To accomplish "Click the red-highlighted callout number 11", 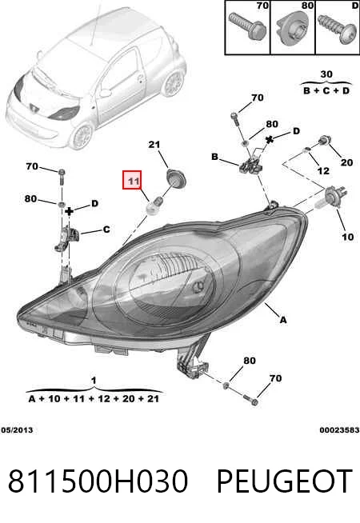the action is (133, 180).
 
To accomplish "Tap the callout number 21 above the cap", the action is (154, 145).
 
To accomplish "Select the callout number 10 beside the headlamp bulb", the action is (347, 237).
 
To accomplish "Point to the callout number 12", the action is (323, 171).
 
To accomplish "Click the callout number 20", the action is (346, 162).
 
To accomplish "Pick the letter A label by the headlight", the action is (283, 320).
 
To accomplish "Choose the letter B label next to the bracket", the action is (215, 157).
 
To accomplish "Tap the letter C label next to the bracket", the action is (106, 230).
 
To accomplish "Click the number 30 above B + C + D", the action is (326, 74).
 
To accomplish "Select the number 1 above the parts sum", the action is (94, 380).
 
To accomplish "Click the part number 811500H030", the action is (98, 481).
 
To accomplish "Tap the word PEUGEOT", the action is (285, 481).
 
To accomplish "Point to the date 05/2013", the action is (17, 430).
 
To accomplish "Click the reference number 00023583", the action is (339, 430).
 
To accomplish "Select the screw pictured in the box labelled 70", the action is (248, 26).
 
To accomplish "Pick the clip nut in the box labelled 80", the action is (292, 29).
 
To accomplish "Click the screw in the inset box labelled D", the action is (337, 28).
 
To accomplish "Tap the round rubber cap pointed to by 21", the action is (175, 178).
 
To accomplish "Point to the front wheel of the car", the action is (81, 137).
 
